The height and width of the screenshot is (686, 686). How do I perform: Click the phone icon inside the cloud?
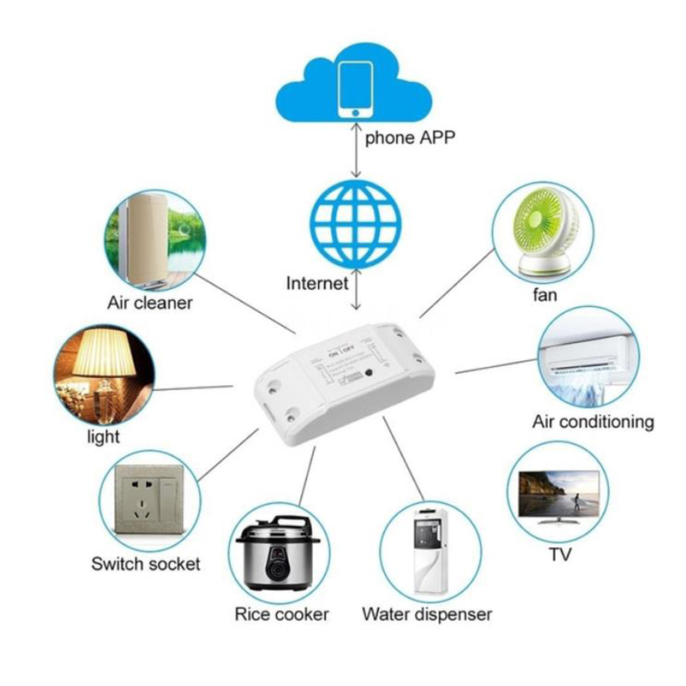[x=355, y=89]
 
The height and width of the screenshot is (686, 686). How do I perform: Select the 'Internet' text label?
[x=317, y=283]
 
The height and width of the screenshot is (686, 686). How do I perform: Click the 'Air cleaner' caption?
[x=150, y=303]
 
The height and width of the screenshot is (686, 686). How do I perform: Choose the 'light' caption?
[x=103, y=437]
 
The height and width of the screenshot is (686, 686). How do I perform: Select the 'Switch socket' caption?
[x=146, y=564]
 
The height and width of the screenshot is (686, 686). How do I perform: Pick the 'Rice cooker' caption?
[x=281, y=615]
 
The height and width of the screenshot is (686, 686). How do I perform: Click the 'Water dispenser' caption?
[x=426, y=615]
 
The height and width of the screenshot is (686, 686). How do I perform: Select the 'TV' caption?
[x=560, y=555]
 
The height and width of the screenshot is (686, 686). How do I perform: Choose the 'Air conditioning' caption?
[x=593, y=422]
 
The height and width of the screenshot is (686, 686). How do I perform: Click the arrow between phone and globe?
[x=355, y=151]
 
